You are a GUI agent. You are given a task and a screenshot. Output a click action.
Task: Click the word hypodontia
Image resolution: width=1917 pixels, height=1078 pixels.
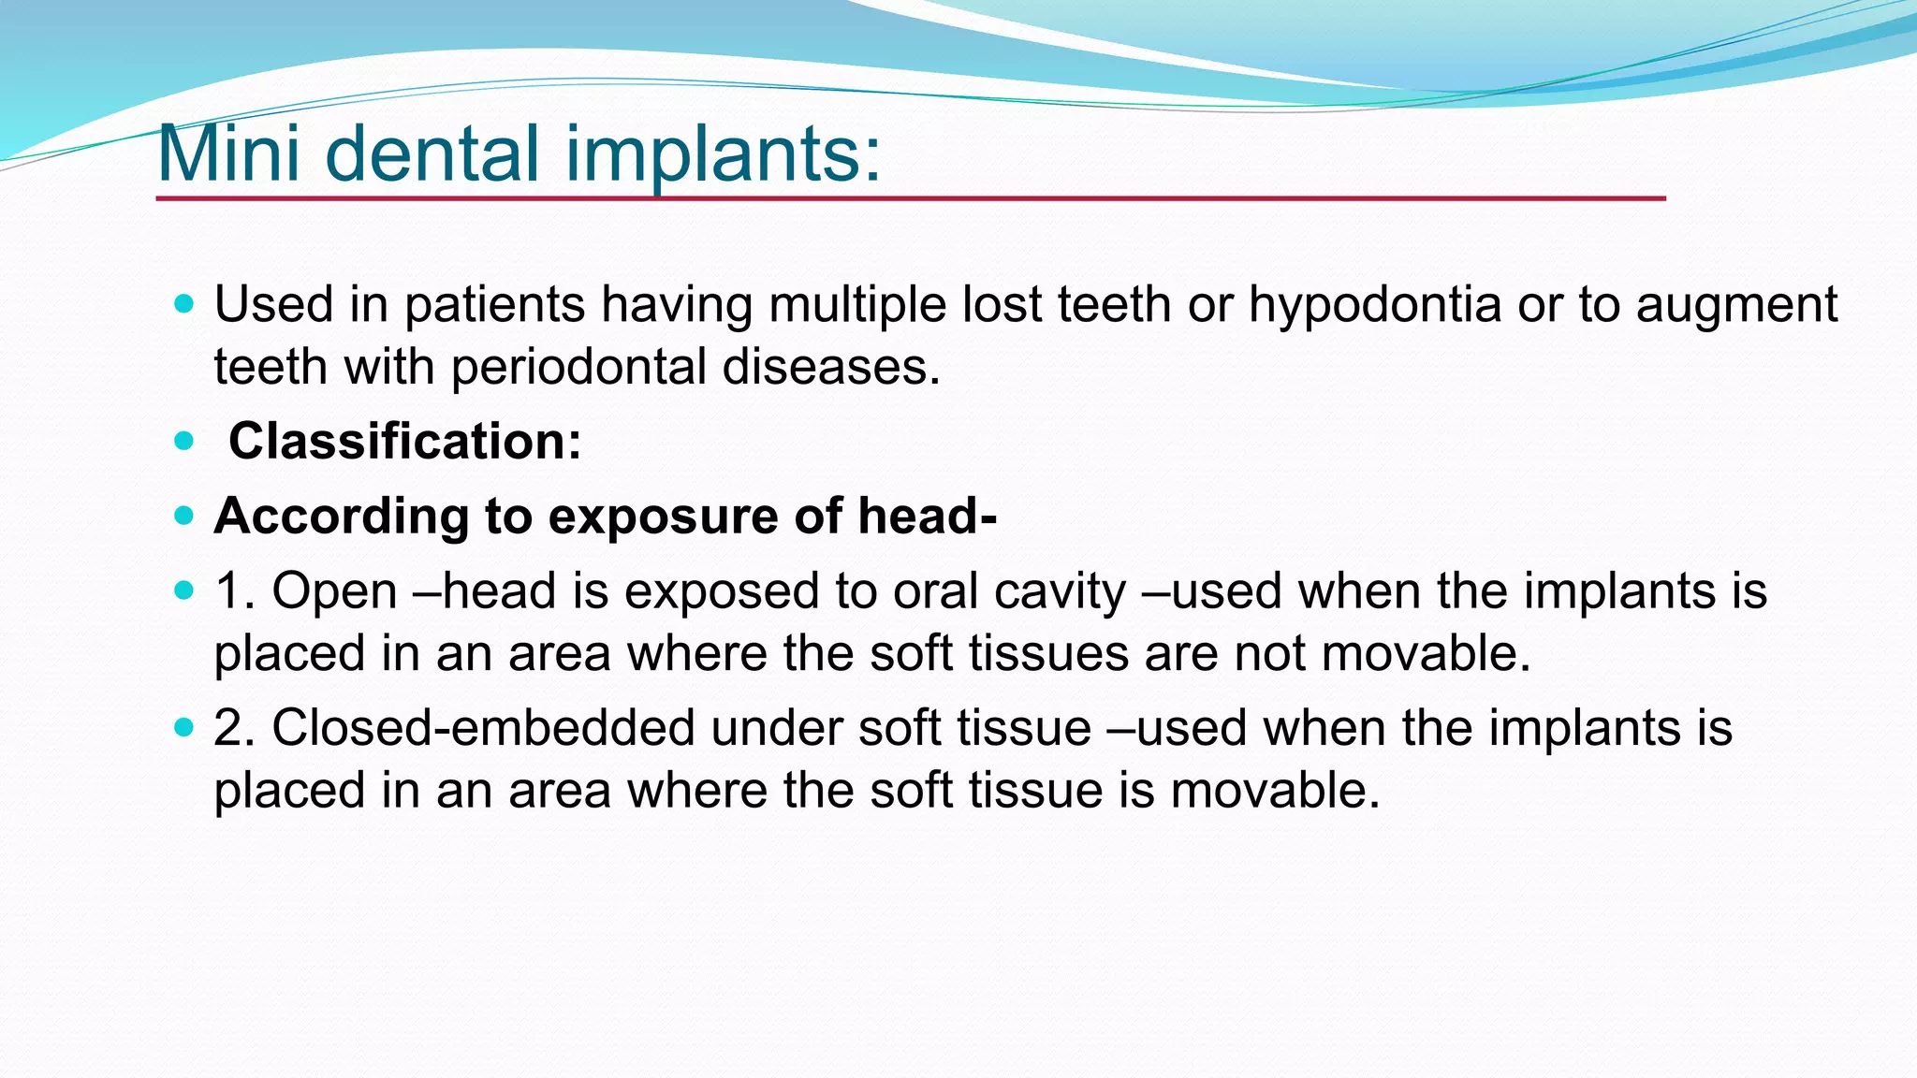point(1374,306)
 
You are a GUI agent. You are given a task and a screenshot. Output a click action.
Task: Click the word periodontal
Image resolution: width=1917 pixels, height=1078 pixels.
point(578,367)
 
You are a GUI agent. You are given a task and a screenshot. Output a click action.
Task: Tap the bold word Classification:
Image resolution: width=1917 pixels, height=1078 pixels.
point(404,441)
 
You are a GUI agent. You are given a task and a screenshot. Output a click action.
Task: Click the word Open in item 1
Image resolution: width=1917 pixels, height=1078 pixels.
point(334,592)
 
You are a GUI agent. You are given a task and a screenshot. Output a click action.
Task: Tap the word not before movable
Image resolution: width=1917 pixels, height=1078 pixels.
point(1270,653)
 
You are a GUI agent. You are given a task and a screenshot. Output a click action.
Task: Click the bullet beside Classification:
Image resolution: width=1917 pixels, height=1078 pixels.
point(183,441)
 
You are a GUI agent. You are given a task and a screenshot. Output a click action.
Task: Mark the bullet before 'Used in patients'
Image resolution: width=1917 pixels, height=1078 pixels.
point(183,304)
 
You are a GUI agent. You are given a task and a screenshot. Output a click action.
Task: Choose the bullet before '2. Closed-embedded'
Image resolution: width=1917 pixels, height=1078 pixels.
point(183,727)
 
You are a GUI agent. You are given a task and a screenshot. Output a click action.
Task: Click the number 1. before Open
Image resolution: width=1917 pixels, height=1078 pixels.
point(235,592)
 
